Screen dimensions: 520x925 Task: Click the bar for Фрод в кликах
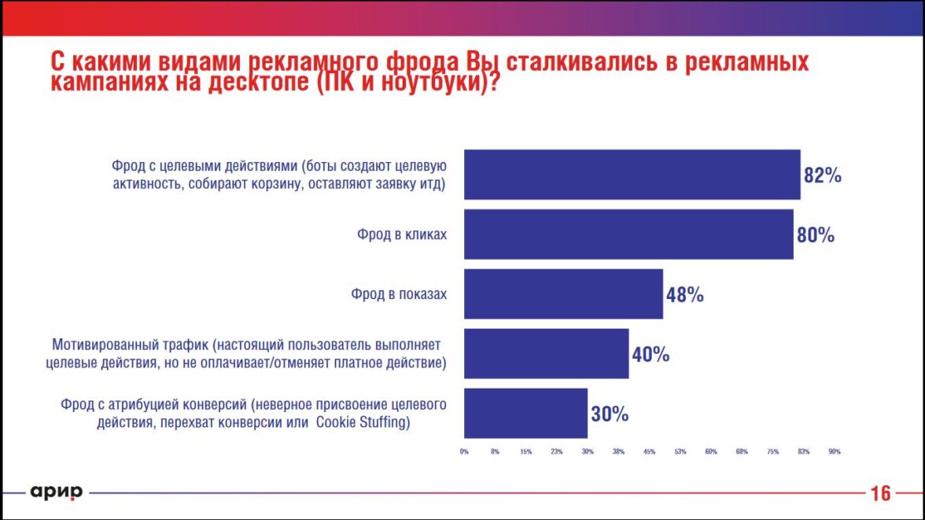pos(628,234)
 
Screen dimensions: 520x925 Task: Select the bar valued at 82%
pos(632,175)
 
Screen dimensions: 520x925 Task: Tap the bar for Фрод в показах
pos(563,294)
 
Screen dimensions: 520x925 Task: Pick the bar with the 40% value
pos(546,354)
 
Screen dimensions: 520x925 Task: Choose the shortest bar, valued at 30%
pos(525,413)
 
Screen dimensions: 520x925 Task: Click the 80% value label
pos(815,235)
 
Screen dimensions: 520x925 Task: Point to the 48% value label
pos(684,295)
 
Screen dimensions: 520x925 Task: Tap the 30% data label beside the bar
pos(610,414)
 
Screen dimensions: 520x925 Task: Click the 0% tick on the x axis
pos(464,452)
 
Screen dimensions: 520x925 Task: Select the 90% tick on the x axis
pos(835,452)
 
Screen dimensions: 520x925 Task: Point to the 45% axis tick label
pos(650,452)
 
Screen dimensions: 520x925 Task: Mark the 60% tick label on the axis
pos(711,452)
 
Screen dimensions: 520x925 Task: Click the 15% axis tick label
pos(525,452)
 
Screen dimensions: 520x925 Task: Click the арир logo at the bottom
pos(56,492)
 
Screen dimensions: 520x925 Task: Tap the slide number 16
pos(880,494)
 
